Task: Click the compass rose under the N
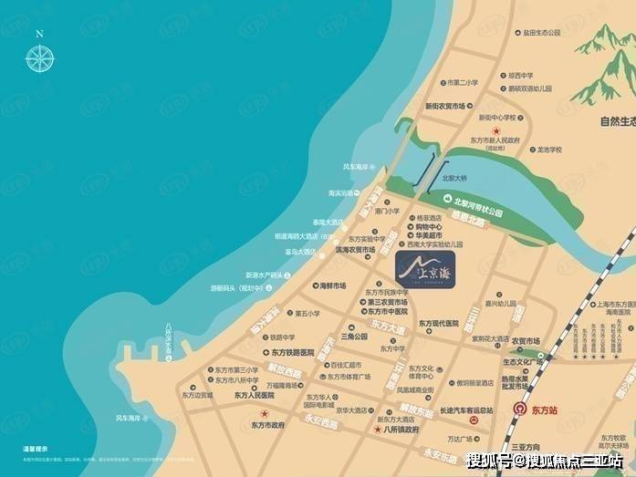click(39, 58)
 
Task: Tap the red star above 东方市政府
click(265, 414)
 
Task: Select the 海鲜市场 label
click(332, 285)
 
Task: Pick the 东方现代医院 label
click(444, 323)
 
